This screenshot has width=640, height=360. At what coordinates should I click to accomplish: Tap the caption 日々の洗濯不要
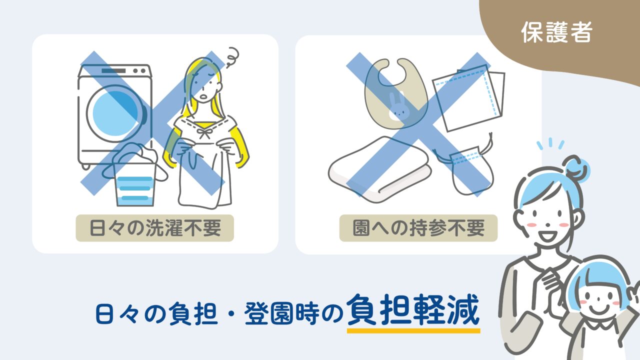click(154, 228)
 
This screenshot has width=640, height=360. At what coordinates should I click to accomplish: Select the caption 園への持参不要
click(418, 228)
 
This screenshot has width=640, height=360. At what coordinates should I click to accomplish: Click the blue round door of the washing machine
click(114, 112)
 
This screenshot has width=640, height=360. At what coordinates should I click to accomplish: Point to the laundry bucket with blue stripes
click(134, 182)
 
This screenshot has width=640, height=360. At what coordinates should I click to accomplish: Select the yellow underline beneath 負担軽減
click(413, 330)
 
